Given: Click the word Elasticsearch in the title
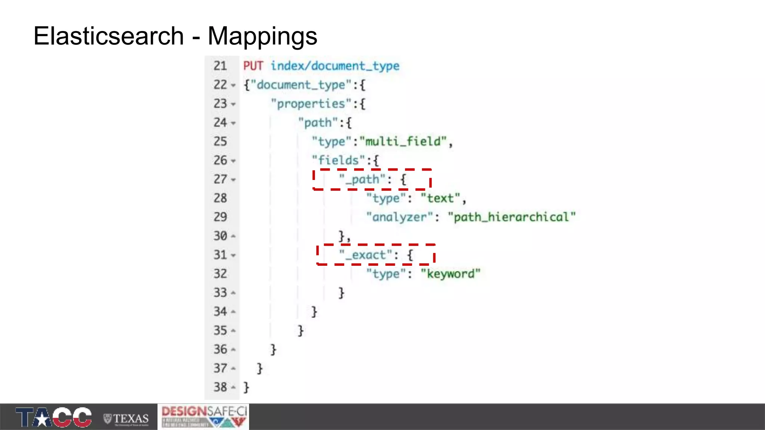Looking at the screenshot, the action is [108, 36].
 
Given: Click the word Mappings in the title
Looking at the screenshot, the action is [262, 36].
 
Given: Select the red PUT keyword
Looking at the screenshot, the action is [253, 66].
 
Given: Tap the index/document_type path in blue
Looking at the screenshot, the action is [335, 66].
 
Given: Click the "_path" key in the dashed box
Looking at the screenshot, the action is [362, 180].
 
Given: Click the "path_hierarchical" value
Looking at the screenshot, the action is [511, 217].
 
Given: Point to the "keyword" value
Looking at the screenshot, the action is [450, 274].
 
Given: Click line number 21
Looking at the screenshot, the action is [220, 66].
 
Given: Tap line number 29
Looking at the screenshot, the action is [220, 217].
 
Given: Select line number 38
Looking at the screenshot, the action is [220, 387].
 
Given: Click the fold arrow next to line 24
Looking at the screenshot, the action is [233, 123].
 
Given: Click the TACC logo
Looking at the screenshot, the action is [53, 417].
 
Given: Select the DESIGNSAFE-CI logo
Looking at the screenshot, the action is [204, 416].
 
